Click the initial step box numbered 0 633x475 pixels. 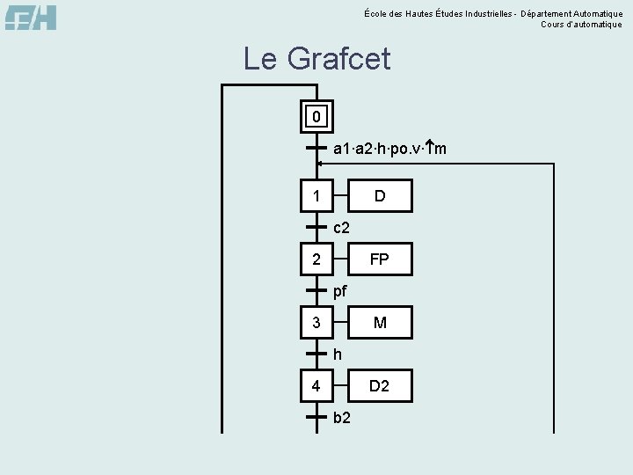(316, 116)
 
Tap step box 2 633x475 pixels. (316, 259)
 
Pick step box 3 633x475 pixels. (316, 323)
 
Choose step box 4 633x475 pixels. (316, 385)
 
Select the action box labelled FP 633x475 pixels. (380, 259)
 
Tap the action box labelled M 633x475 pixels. (380, 323)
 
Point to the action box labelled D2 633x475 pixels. (380, 385)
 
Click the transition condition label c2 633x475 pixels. (342, 228)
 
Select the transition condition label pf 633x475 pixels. (341, 291)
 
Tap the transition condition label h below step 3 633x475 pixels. (338, 354)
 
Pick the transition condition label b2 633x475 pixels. (343, 417)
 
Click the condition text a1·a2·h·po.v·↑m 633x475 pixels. (389, 149)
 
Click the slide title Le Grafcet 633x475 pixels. (316, 60)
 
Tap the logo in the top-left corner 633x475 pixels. (31, 17)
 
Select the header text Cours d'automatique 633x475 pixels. (581, 25)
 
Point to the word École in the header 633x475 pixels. (375, 12)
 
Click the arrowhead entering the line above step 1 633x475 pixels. (321, 164)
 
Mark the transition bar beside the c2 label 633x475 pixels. (316, 227)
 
